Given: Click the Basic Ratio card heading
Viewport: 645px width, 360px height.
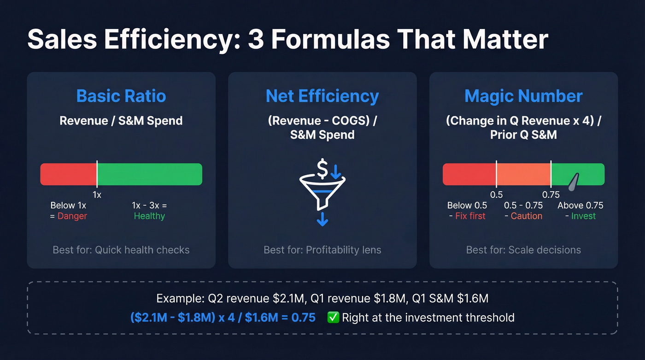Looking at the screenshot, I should (121, 96).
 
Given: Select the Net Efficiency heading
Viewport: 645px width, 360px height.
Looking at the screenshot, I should (322, 96).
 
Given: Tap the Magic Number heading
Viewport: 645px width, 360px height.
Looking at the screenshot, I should (523, 96).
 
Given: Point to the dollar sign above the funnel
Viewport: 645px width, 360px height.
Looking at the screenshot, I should (322, 168).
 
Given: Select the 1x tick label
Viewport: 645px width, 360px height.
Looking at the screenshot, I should (97, 195).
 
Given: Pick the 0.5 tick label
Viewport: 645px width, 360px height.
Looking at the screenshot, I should (496, 195).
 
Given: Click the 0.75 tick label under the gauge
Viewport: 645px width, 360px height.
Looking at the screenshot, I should (551, 195).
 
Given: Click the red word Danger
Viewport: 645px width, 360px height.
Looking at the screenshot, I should (72, 216).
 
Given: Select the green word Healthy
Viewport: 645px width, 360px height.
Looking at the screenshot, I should (149, 216).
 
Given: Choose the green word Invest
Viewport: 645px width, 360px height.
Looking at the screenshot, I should (583, 216).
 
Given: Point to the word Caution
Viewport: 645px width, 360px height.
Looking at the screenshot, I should (527, 216).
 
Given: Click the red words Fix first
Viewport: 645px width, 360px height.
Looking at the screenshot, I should (470, 216).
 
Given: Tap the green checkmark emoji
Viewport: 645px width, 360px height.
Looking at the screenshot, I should (333, 318).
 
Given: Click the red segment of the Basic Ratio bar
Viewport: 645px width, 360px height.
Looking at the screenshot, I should (69, 174).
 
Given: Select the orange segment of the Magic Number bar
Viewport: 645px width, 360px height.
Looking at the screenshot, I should (523, 174).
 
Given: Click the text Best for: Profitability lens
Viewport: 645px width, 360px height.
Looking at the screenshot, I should (322, 250).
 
